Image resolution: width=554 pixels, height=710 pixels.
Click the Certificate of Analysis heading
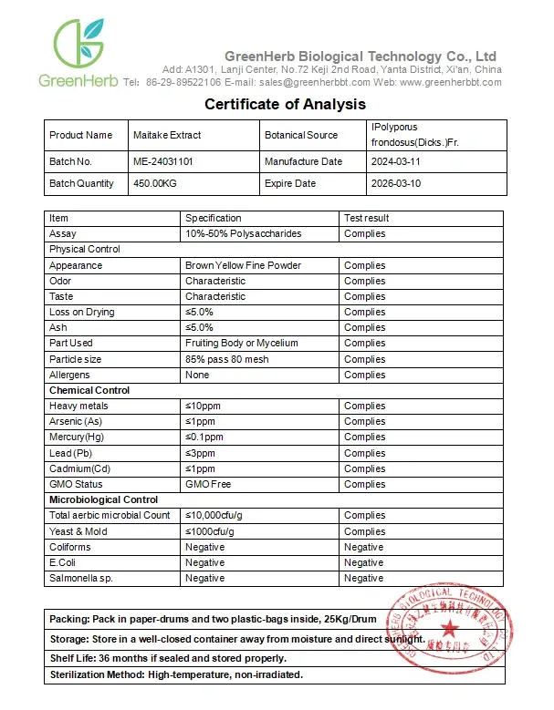pyautogui.click(x=285, y=104)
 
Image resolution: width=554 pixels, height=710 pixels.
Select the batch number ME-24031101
pyautogui.click(x=162, y=161)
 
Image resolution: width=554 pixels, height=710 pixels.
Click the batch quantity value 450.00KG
pyautogui.click(x=155, y=183)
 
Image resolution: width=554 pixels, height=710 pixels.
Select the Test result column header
pyautogui.click(x=367, y=218)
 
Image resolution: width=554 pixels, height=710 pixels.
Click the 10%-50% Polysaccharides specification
pyautogui.click(x=243, y=233)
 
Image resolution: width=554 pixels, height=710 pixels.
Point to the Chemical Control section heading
pyautogui.click(x=89, y=390)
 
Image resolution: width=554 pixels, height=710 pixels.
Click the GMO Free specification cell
pyautogui.click(x=208, y=484)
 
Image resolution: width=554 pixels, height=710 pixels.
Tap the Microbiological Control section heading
pyautogui.click(x=103, y=499)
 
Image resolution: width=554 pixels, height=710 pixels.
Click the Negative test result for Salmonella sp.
pyautogui.click(x=363, y=578)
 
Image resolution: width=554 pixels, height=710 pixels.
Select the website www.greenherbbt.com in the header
pyautogui.click(x=450, y=82)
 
